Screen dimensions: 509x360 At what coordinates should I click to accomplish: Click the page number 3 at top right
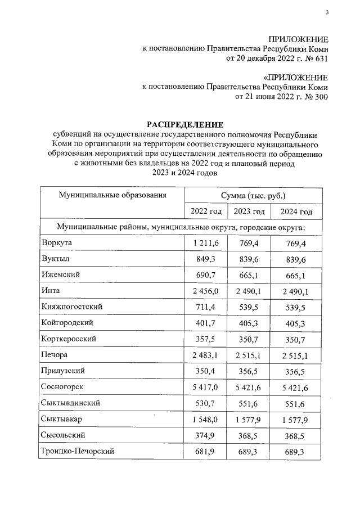pyautogui.click(x=326, y=13)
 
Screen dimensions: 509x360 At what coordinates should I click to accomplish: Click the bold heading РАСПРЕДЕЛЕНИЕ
pyautogui.click(x=185, y=124)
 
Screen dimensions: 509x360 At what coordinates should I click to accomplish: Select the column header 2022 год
pyautogui.click(x=206, y=211)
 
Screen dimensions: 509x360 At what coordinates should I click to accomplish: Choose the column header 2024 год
pyautogui.click(x=296, y=211)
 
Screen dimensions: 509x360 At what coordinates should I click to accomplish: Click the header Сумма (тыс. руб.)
pyautogui.click(x=254, y=195)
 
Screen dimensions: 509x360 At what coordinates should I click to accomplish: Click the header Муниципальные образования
pyautogui.click(x=112, y=195)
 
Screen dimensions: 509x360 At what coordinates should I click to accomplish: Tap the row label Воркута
pyautogui.click(x=57, y=242)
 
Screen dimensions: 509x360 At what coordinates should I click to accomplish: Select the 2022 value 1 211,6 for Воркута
pyautogui.click(x=206, y=242)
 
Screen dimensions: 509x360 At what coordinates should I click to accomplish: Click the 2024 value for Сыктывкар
pyautogui.click(x=296, y=419)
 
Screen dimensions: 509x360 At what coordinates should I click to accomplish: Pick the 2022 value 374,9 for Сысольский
pyautogui.click(x=206, y=435)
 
